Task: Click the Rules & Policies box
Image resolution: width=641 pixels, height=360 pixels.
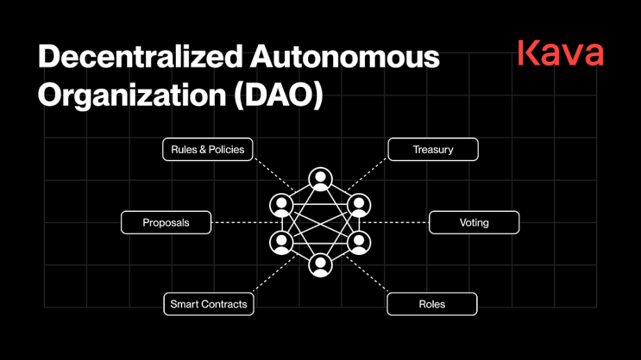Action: (208, 149)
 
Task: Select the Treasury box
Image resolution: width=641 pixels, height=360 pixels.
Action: (433, 149)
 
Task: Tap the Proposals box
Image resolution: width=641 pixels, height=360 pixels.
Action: (166, 222)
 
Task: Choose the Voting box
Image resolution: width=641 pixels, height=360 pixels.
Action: (474, 222)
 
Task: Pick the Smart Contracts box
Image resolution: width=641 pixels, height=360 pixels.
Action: (209, 304)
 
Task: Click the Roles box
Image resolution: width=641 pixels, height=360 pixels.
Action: (432, 304)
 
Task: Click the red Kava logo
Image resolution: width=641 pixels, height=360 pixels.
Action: (560, 53)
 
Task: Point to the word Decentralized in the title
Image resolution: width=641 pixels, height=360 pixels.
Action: (140, 56)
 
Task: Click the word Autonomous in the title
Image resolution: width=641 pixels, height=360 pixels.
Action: (345, 56)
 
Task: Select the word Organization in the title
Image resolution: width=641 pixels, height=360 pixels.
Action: (132, 95)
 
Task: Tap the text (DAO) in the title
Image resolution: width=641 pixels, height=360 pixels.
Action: (278, 95)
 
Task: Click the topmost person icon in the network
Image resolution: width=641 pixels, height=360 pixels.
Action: (320, 179)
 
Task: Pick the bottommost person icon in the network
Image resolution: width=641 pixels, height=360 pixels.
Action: (320, 265)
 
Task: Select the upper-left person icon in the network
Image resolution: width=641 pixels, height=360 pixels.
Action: (282, 205)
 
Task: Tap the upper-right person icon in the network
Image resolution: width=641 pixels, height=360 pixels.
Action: (359, 205)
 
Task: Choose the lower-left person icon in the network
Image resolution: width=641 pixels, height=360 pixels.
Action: (282, 243)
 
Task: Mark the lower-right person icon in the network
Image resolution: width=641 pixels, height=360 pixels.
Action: (359, 243)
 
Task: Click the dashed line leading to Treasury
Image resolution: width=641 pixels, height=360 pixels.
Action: (366, 174)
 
